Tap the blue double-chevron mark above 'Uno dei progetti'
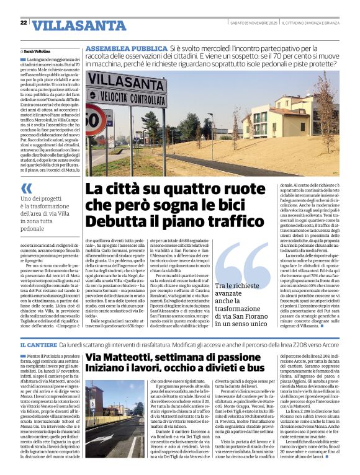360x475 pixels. (x=26, y=188)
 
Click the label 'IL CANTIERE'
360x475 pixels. (x=40, y=345)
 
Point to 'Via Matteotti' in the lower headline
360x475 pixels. (x=122, y=358)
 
